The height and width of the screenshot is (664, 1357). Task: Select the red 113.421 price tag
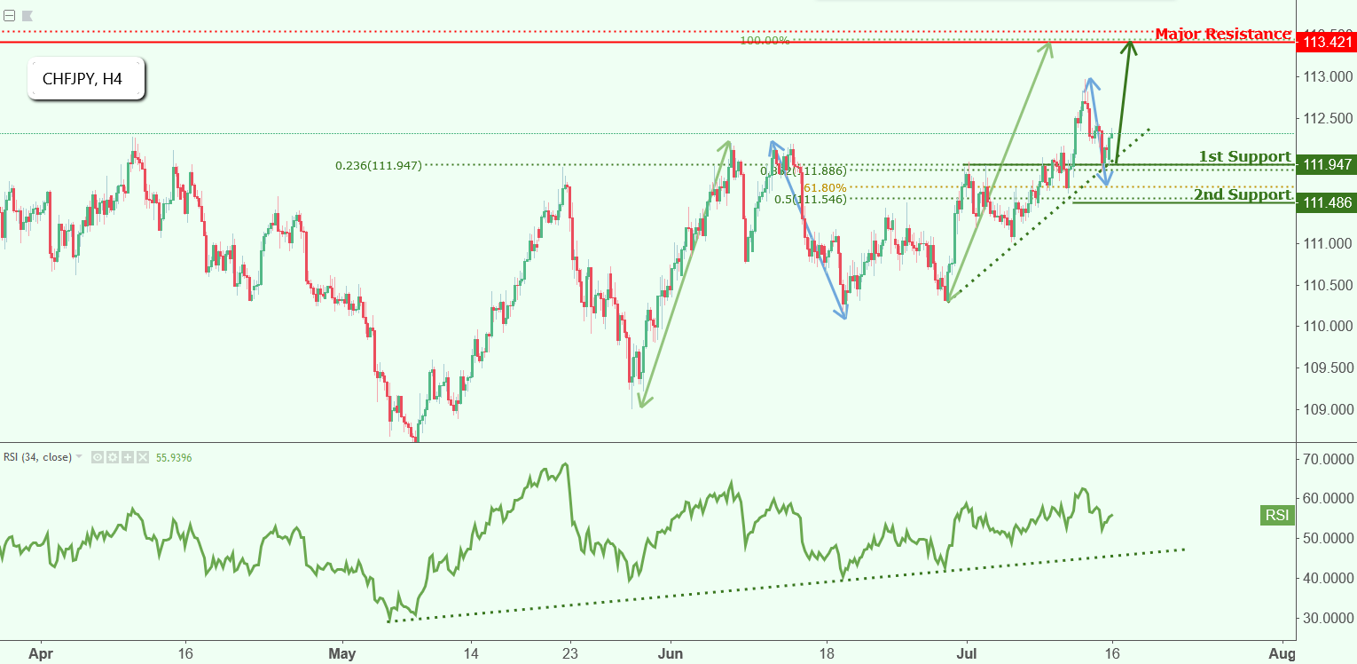click(x=1325, y=42)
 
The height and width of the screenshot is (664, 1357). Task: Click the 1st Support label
click(x=1244, y=156)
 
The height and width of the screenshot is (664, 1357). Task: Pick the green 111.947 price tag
click(x=1325, y=164)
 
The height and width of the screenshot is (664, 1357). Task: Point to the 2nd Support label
click(x=1242, y=194)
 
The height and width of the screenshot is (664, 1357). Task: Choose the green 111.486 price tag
click(x=1325, y=203)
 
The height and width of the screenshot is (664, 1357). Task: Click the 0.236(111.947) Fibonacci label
click(x=378, y=165)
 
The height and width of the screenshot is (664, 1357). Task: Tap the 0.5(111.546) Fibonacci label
click(x=810, y=200)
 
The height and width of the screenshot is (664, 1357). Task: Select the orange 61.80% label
click(x=825, y=187)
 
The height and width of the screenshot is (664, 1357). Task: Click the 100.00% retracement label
click(x=765, y=41)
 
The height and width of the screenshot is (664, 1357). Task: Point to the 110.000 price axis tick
click(x=1327, y=326)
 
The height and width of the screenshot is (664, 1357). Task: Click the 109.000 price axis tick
click(x=1327, y=409)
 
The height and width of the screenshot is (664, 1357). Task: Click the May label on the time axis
click(x=341, y=652)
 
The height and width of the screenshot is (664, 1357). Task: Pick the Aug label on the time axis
click(x=1282, y=652)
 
